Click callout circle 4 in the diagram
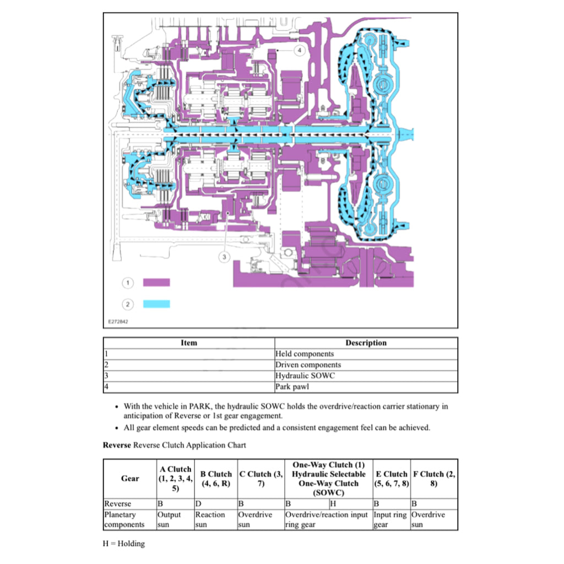[x=300, y=50]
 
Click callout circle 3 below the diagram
[x=224, y=257]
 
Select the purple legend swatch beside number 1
[x=156, y=283]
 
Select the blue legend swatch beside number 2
[x=156, y=304]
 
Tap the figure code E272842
[x=118, y=322]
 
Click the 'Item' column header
[x=189, y=343]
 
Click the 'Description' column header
[x=366, y=343]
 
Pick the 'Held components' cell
[x=305, y=354]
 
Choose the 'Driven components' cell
[x=308, y=365]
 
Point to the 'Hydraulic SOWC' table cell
[x=305, y=376]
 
